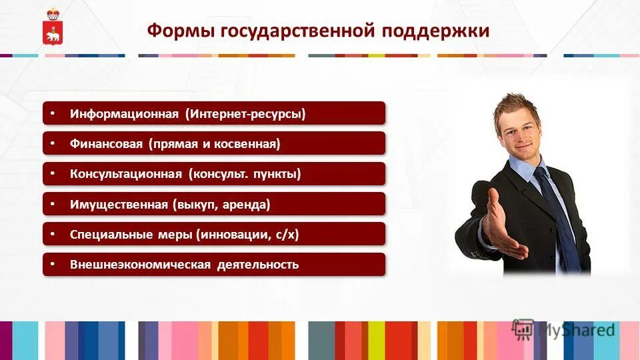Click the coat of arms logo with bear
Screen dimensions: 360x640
(52, 28)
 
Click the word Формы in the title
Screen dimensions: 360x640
(175, 31)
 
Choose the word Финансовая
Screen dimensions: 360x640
(107, 144)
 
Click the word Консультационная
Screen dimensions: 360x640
(126, 174)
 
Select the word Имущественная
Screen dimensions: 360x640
(119, 205)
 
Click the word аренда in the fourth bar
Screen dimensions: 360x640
(247, 205)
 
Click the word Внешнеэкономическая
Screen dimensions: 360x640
(139, 265)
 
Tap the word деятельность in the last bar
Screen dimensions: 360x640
(257, 265)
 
